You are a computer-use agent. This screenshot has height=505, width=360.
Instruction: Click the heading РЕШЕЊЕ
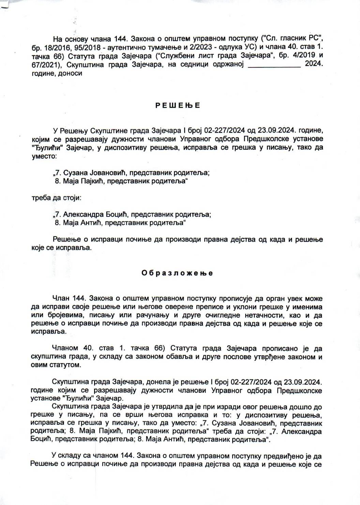click(178, 105)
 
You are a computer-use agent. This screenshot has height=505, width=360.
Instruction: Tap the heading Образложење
click(177, 273)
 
